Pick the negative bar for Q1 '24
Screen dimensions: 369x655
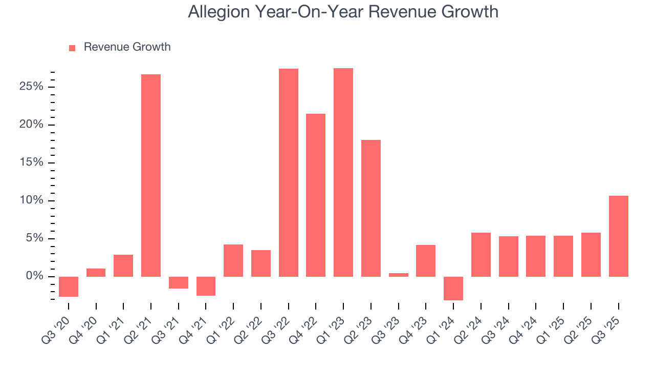[453, 288]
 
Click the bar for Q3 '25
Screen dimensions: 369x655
[619, 236]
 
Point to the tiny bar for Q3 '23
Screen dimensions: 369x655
[399, 275]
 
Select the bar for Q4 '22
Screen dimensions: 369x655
[316, 195]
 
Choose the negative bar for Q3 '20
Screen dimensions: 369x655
[69, 286]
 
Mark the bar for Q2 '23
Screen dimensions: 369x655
[371, 208]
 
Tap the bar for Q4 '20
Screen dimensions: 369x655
[96, 273]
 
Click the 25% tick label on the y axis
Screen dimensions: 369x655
[31, 87]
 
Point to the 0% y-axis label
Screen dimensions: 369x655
[34, 277]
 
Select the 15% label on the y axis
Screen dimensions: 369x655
[31, 163]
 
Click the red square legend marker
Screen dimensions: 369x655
[72, 48]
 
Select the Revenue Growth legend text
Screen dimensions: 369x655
[127, 47]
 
